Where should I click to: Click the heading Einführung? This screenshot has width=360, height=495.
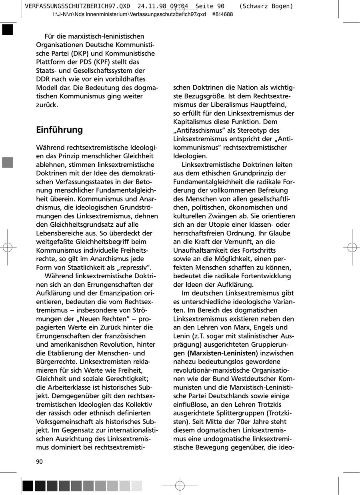59,130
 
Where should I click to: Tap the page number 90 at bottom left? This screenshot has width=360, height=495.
39,462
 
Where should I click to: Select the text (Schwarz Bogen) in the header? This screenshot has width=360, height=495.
266,6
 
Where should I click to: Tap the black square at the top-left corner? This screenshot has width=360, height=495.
7,30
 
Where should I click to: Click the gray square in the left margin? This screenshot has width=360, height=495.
7,163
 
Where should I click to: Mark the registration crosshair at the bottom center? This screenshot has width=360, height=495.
180,486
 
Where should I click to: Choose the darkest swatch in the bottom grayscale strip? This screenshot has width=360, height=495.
28,486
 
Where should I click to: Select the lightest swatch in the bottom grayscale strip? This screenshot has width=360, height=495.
137,486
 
